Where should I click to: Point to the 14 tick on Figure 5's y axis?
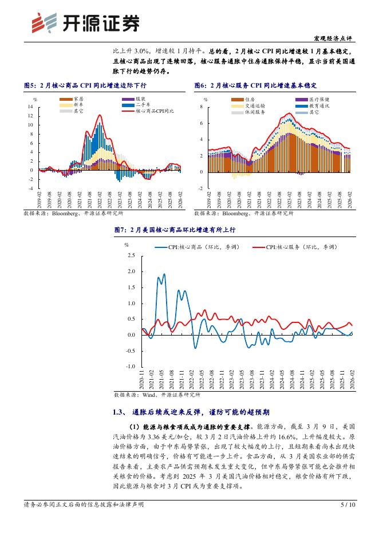(x=30, y=107)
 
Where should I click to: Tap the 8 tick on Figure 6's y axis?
(x=202, y=107)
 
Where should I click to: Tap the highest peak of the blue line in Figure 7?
(x=164, y=274)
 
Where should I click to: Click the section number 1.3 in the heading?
(x=120, y=412)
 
